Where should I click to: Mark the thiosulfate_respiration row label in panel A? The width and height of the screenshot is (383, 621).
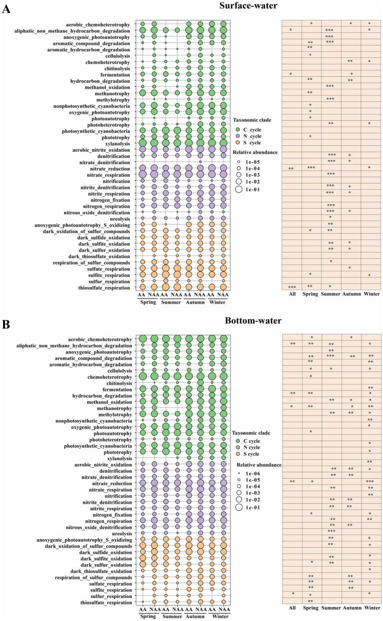(103, 287)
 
